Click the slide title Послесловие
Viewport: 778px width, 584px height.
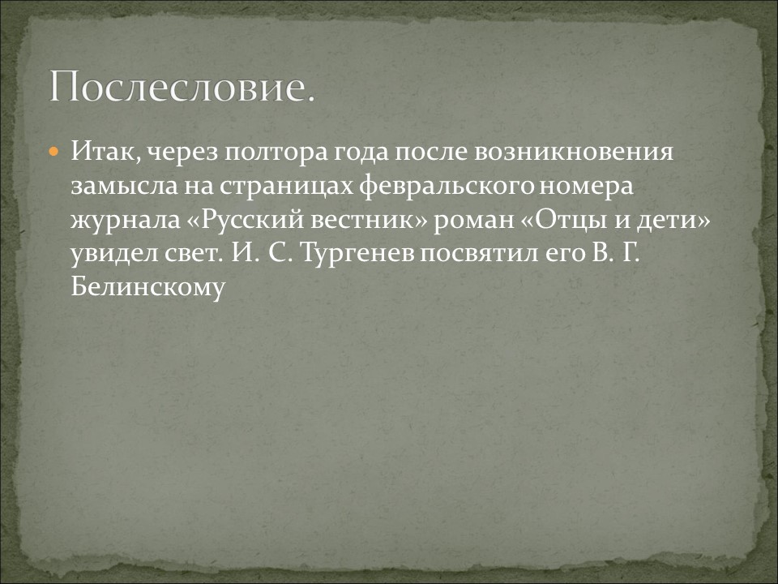coord(182,86)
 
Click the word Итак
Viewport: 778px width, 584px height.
coord(97,152)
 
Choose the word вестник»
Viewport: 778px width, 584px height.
coord(370,220)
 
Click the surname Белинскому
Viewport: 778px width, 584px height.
coord(147,288)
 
